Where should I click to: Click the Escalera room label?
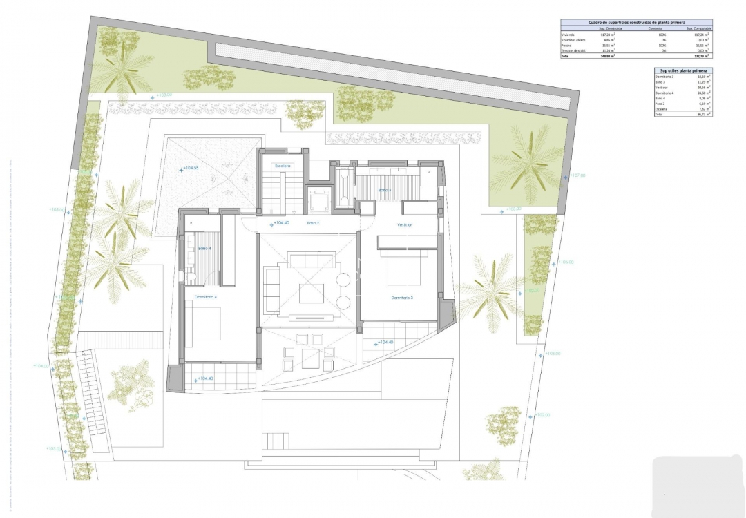click(282, 166)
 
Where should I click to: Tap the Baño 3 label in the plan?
click(384, 189)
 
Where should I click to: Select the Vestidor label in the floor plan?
click(404, 225)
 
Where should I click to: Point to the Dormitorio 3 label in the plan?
click(402, 298)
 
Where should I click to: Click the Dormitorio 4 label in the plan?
click(206, 297)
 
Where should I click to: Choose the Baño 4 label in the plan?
click(204, 248)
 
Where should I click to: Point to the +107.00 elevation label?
click(576, 175)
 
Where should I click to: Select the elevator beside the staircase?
click(319, 200)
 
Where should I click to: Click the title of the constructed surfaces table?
click(635, 23)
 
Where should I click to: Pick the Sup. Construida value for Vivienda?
click(608, 35)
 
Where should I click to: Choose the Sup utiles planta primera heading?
click(682, 70)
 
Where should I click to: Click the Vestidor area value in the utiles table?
click(704, 88)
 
